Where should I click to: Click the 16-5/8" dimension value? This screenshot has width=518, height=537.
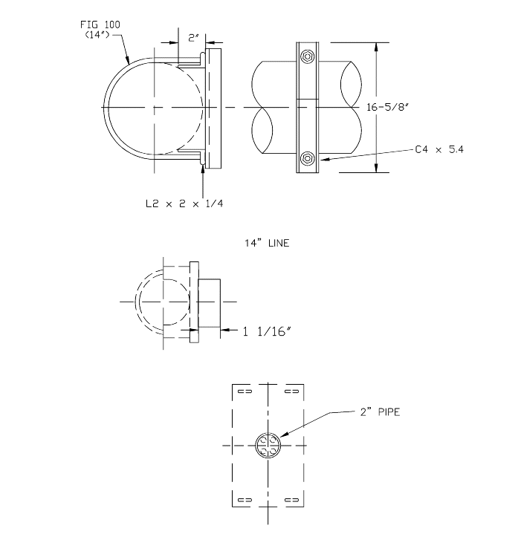389,107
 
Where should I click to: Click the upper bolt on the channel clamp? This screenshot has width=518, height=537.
307,57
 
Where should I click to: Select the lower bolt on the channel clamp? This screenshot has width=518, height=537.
307,157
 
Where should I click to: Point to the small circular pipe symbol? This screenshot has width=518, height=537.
268,446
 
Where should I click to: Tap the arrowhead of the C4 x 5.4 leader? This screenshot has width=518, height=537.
320,159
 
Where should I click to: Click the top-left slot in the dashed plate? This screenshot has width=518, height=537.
243,391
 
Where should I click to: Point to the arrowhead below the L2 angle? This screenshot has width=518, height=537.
202,169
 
